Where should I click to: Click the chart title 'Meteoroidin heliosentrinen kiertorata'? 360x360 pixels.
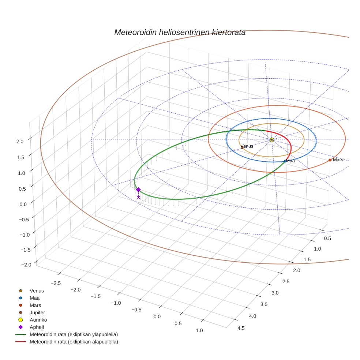180,32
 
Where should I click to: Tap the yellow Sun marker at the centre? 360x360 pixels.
271,140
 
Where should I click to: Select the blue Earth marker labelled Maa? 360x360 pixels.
285,161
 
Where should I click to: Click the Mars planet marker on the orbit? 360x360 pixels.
330,160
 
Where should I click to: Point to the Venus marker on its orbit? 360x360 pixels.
242,147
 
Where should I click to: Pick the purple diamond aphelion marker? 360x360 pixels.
138,190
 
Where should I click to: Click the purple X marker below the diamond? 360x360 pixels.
138,197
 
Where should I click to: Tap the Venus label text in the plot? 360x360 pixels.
247,146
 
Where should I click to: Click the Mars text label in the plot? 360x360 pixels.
338,160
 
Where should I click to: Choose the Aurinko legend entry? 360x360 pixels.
38,320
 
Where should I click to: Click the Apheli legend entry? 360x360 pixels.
37,327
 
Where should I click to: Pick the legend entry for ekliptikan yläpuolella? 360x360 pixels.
74,334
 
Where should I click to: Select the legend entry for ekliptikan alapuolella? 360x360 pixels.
74,342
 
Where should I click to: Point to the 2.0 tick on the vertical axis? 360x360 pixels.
20,141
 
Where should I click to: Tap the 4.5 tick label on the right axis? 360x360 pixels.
241,328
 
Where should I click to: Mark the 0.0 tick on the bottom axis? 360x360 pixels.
157,316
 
